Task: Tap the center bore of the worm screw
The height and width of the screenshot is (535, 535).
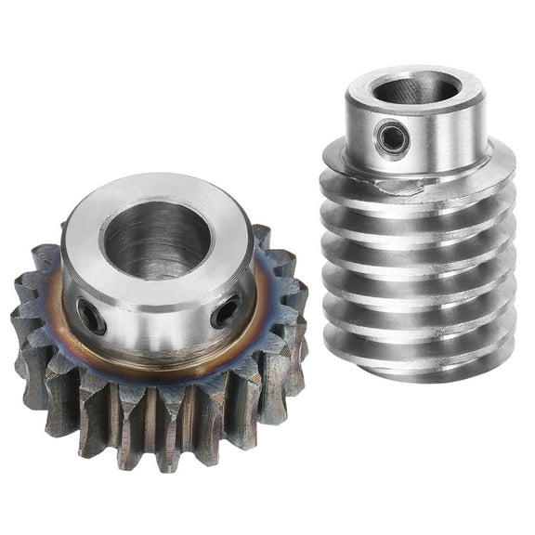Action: coord(415,89)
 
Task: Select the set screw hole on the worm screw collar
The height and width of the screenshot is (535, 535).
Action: coord(390,138)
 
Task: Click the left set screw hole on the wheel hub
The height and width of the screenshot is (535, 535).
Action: coord(91,318)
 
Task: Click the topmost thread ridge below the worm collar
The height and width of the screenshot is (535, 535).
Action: coord(418,186)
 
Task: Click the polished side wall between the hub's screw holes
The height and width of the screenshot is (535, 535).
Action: coord(158,325)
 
